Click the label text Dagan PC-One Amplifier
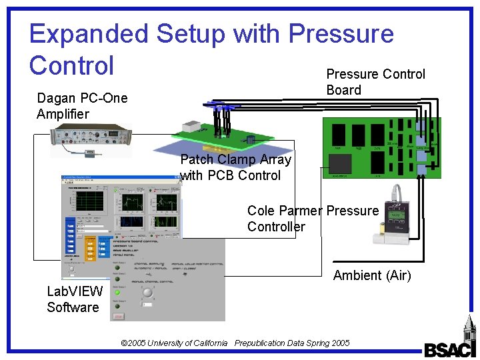(81, 106)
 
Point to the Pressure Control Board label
(375, 82)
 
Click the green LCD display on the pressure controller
(395, 215)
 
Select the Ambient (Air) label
(372, 275)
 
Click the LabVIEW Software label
(74, 299)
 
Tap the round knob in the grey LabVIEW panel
(147, 293)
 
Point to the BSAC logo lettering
(450, 349)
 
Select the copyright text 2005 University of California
(174, 343)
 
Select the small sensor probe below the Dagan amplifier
(89, 154)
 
